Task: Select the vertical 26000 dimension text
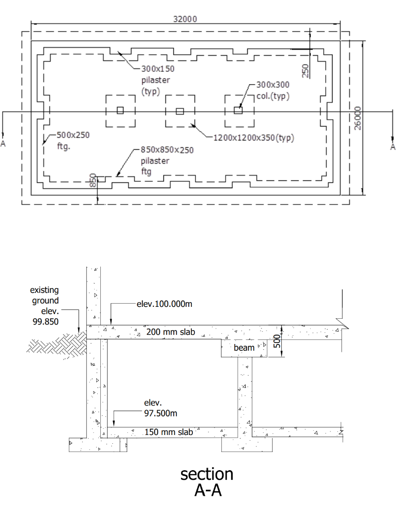pos(357,119)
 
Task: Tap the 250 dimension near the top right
pos(305,70)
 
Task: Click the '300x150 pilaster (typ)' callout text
pos(156,79)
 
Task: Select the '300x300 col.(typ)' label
pos(273,90)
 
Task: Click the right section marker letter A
pos(393,147)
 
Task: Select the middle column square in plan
pos(179,111)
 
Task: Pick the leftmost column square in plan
pos(120,110)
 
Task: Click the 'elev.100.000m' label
pos(164,304)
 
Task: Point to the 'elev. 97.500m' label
pos(160,408)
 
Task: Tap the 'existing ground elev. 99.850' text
pos(44,306)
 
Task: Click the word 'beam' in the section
pos(244,348)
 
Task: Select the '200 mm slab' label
pos(171,332)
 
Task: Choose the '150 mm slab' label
pos(169,432)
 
